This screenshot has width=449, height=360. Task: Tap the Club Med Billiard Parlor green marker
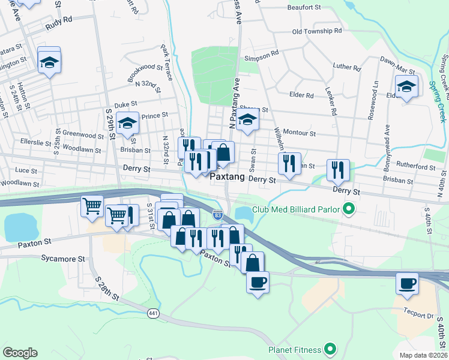(347, 209)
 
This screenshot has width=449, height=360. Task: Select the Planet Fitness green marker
(330, 348)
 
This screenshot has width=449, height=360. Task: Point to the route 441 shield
(153, 313)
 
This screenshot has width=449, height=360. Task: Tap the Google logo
(20, 353)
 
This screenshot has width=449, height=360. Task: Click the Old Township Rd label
(316, 31)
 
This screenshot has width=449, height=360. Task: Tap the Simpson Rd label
(262, 53)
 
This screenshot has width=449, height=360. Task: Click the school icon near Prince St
(127, 123)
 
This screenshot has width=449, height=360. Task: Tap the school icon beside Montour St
(247, 119)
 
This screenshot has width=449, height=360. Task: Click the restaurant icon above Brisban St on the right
(338, 169)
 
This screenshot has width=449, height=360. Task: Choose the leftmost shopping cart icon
(92, 206)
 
